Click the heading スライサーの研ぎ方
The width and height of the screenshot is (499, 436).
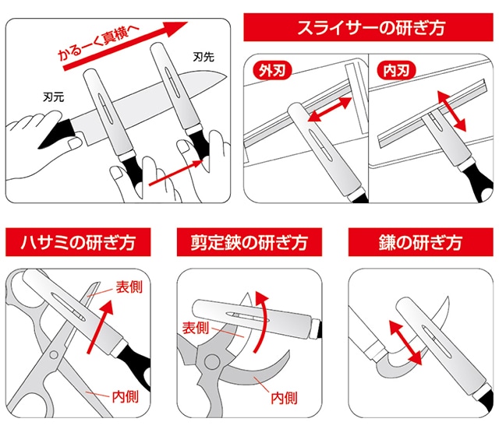tap(370, 30)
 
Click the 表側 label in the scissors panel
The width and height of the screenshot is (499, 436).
tap(129, 287)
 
